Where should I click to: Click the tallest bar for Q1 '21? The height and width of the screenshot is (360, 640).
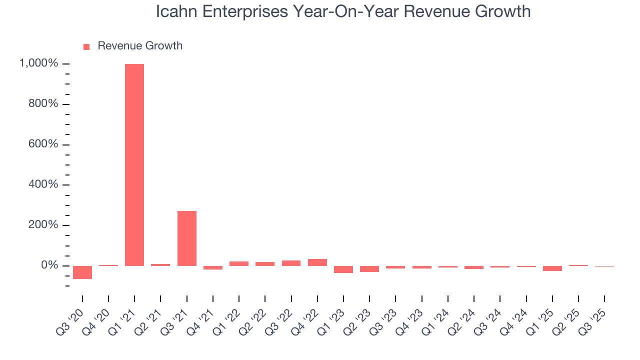tap(134, 165)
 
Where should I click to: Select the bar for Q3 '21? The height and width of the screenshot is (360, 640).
tap(186, 238)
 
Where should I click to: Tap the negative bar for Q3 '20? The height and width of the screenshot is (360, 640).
tap(82, 272)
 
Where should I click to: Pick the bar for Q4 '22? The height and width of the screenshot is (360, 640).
tap(317, 262)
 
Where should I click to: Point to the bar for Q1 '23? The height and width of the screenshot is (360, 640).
tap(343, 269)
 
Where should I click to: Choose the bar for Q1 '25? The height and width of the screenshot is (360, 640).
tap(552, 268)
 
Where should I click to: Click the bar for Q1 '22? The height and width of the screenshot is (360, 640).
tap(239, 263)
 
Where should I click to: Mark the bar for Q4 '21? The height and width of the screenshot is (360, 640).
tap(213, 267)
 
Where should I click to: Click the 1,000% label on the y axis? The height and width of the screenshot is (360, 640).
tap(39, 63)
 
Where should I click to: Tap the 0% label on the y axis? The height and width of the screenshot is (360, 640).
tap(50, 265)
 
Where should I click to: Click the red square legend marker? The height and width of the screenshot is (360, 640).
tap(86, 46)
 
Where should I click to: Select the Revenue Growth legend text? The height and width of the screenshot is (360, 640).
tap(140, 46)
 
